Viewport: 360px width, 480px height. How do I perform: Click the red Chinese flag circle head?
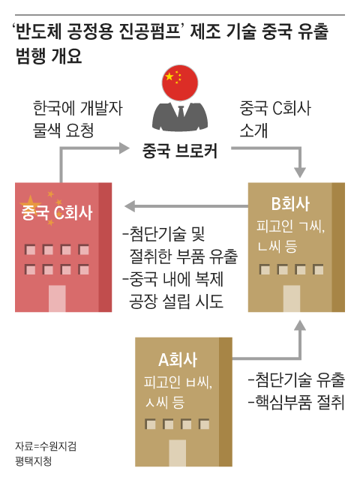pos(180,82)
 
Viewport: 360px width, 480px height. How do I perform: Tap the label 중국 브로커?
pos(180,151)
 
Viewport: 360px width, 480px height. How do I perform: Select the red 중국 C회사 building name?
pos(57,212)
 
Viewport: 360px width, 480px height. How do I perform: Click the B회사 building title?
pos(290,204)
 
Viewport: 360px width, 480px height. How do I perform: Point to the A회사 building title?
pos(178,359)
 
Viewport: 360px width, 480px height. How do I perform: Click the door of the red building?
pos(57,298)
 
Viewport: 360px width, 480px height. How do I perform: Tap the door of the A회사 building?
pos(178,453)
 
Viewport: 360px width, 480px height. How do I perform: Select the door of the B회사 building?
pos(292,298)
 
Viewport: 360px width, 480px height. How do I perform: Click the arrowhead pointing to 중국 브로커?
pos(124,148)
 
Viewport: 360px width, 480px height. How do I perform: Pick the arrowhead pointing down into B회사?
pos(300,172)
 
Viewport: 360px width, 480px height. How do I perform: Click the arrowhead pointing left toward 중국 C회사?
pos(130,206)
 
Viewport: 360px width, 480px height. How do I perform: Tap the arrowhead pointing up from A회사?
pos(300,325)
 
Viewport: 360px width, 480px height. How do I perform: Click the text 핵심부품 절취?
pos(296,402)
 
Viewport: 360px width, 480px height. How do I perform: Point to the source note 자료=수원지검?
pos(46,446)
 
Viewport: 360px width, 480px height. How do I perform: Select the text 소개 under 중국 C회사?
pos(253,130)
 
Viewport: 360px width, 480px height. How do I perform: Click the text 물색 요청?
pos(63,130)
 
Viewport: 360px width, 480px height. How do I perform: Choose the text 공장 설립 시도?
pos(176,301)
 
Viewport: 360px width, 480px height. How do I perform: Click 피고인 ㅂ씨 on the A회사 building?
pos(178,382)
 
